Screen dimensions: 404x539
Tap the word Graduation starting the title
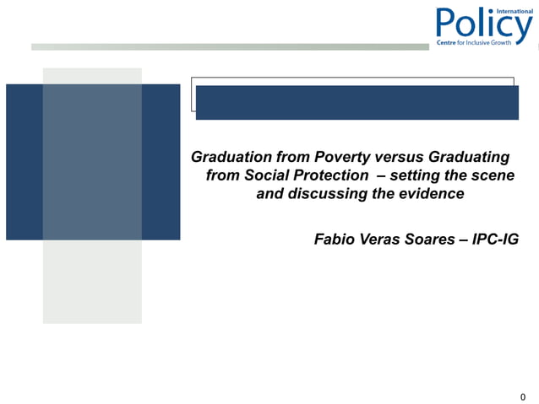tap(231, 157)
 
